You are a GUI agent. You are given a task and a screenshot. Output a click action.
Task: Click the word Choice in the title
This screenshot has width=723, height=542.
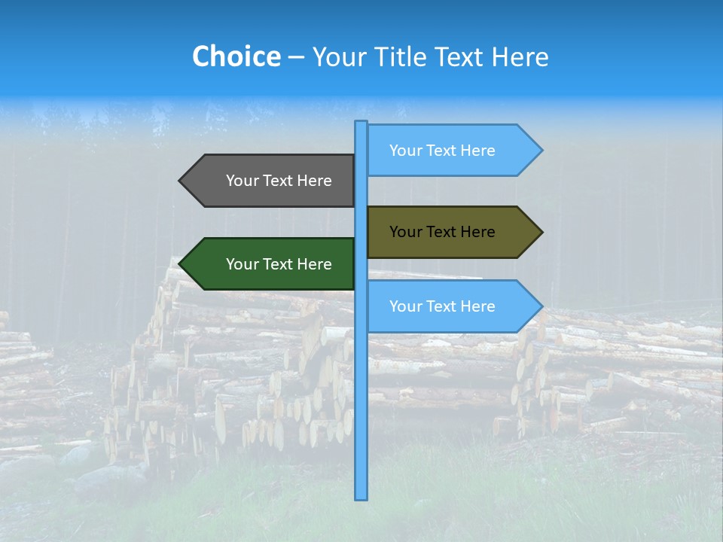[x=236, y=56]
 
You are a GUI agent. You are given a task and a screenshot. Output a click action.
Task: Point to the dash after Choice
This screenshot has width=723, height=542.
[x=296, y=57]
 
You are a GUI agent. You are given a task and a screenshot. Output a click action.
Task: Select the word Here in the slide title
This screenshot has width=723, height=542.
[x=520, y=56]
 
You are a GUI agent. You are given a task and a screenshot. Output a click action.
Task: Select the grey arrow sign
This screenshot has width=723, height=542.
[x=271, y=181]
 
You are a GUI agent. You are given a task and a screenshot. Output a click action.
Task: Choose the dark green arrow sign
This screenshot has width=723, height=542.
[x=271, y=264]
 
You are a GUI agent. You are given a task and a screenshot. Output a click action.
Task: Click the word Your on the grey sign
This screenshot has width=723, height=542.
[x=242, y=181]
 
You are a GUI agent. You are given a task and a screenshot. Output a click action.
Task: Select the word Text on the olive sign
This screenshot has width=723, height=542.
[x=442, y=232]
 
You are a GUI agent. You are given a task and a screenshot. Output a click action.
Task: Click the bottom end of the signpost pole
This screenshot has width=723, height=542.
[x=361, y=497]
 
